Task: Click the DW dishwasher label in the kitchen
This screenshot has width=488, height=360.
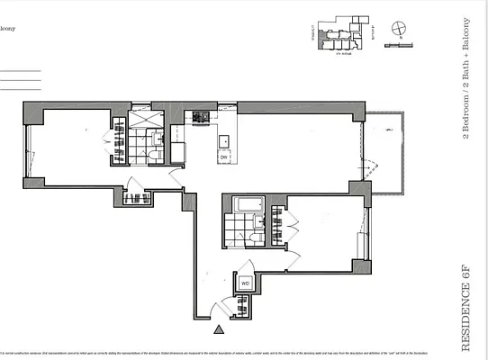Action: tap(223, 157)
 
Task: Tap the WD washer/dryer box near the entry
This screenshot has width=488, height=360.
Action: tap(245, 283)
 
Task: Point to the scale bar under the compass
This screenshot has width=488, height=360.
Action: tap(396, 45)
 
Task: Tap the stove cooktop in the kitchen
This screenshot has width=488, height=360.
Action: tap(199, 118)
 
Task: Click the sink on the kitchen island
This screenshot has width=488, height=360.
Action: tap(224, 139)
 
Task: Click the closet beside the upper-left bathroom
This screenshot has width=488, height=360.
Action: tap(118, 140)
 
